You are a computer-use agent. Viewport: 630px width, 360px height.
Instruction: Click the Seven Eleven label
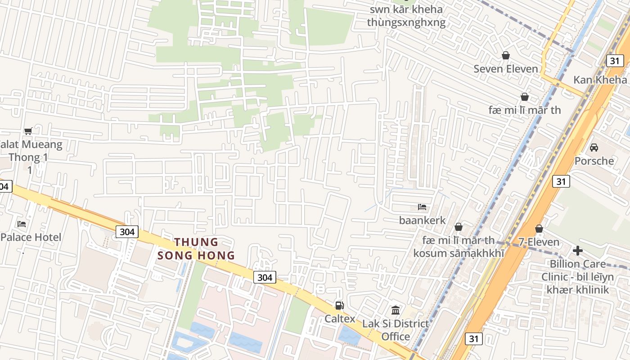[x=506, y=69]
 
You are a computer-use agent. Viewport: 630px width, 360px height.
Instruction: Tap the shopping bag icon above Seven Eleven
[x=506, y=55]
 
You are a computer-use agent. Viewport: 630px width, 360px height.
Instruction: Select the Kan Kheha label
[x=600, y=80]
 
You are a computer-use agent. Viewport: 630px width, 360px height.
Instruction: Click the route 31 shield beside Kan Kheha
[x=614, y=61]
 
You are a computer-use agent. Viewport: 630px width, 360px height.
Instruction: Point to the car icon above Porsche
[x=594, y=147]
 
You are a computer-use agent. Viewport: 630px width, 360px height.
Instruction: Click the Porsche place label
[x=594, y=161]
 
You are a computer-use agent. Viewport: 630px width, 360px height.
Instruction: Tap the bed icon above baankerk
[x=422, y=207]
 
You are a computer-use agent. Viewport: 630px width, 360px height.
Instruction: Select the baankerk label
[x=422, y=220]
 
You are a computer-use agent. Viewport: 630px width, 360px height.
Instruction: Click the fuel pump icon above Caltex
[x=340, y=306]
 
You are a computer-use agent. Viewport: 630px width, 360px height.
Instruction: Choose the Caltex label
[x=340, y=319]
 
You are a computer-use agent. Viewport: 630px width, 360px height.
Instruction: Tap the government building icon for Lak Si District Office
[x=396, y=310]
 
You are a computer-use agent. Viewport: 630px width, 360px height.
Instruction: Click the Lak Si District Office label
[x=396, y=330]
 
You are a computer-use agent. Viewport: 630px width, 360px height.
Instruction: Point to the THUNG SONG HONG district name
[x=196, y=249]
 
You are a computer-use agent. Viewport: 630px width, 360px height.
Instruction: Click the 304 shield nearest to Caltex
[x=265, y=277]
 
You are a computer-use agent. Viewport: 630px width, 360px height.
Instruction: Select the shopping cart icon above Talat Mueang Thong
[x=28, y=131]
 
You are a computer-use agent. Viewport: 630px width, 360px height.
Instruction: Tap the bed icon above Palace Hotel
[x=22, y=224]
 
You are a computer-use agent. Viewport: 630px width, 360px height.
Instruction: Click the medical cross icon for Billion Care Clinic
[x=578, y=251]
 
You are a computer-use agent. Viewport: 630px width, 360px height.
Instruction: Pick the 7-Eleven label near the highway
[x=539, y=242]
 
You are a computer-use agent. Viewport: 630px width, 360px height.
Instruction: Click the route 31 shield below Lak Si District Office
[x=474, y=339]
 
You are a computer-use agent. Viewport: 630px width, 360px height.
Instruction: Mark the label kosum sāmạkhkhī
[x=459, y=253]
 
